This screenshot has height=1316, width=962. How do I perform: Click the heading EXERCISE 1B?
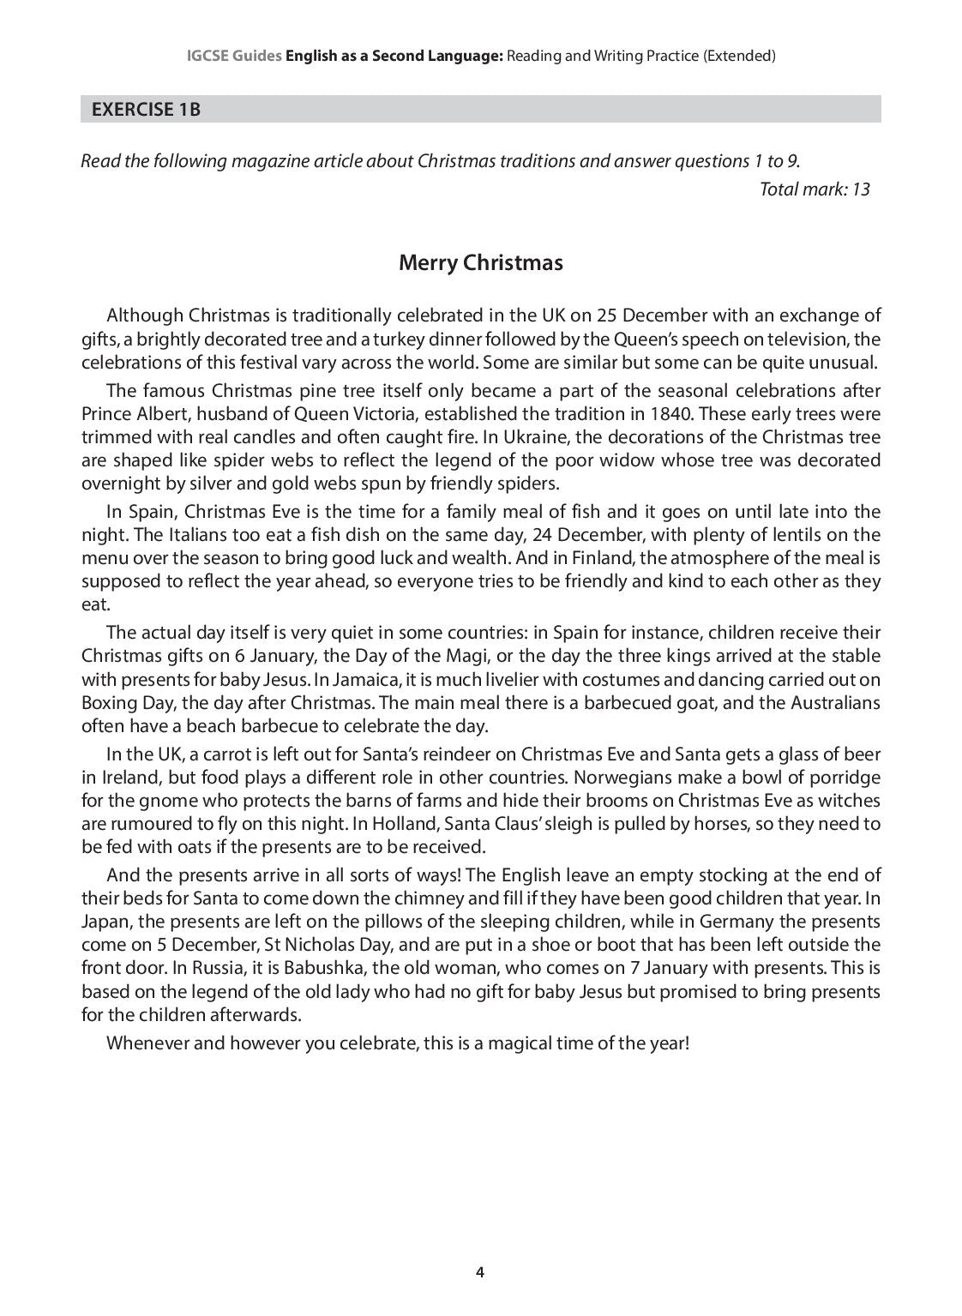point(146,109)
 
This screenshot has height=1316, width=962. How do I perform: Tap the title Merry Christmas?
point(480,262)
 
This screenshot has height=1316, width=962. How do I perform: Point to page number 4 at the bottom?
point(480,1272)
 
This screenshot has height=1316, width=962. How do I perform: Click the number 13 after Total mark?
point(860,189)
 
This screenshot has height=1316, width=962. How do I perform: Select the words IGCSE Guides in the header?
point(234,56)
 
